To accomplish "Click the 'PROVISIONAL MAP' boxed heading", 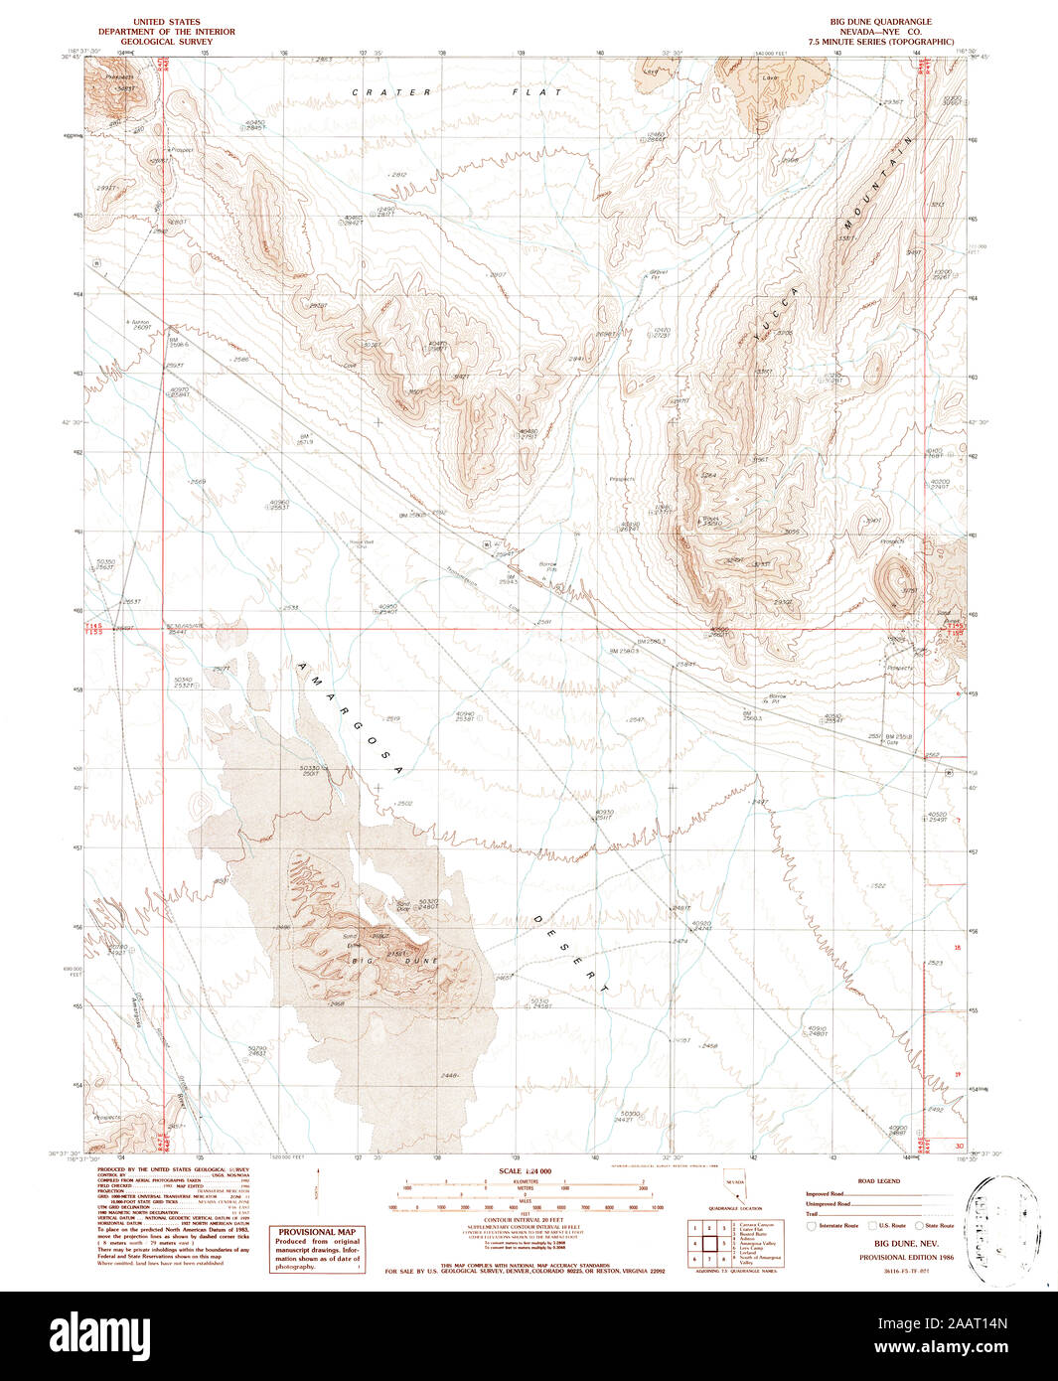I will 317,1232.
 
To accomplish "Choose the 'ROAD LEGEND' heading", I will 879,1181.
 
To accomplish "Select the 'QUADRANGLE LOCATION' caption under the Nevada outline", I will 734,1208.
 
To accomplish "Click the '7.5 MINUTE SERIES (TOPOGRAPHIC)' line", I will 881,41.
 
